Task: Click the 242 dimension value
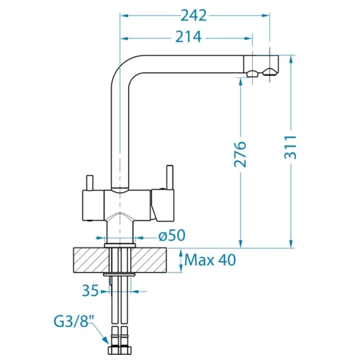coord(194,16)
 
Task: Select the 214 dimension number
coord(188,37)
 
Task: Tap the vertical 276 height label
coord(240,154)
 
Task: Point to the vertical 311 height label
coord(291,148)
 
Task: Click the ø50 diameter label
coord(172,235)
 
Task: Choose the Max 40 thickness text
coord(210,260)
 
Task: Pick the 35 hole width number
coord(90,291)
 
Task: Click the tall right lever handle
coord(170,177)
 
